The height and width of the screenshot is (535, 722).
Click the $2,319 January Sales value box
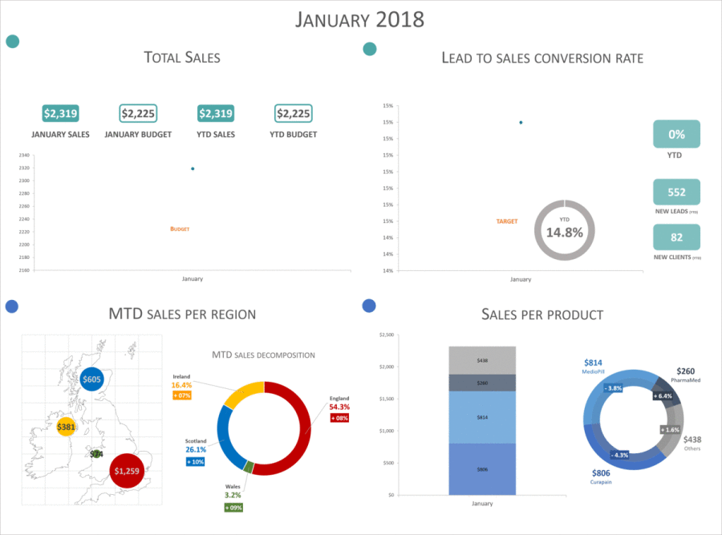click(60, 114)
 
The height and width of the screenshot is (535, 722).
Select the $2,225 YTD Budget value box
click(293, 114)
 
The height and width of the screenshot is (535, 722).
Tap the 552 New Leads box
click(676, 193)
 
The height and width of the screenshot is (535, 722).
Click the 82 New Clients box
click(676, 237)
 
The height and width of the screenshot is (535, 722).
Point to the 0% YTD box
click(676, 134)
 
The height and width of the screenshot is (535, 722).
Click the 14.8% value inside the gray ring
click(564, 232)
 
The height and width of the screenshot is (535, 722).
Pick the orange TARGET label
click(506, 221)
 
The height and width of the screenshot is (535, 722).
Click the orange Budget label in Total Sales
click(180, 229)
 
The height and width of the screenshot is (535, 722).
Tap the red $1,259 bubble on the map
click(126, 471)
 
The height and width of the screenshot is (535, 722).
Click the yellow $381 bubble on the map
click(66, 427)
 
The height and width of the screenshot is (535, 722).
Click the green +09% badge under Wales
click(233, 507)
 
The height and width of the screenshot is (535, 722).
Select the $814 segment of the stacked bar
click(481, 417)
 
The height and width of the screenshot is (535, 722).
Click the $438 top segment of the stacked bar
click(481, 361)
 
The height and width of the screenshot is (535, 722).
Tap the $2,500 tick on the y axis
click(387, 334)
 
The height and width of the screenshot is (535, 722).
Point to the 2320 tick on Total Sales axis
click(24, 168)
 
